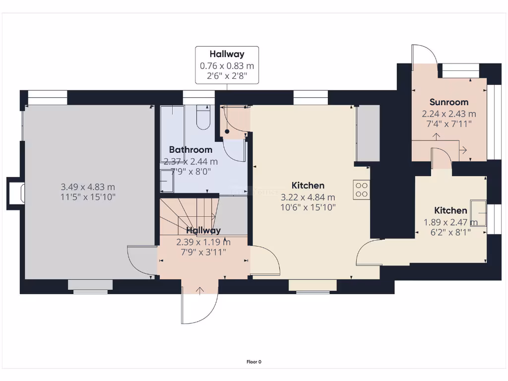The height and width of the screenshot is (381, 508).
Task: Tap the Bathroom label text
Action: [190, 149]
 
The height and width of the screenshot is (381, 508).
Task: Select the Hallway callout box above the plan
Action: [227, 64]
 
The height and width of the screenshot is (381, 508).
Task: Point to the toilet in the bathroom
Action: [203, 118]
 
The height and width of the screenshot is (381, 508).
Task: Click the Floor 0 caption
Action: [254, 362]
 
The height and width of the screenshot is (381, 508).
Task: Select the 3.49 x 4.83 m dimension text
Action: [88, 187]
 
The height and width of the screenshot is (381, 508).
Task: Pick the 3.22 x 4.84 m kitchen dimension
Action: [308, 197]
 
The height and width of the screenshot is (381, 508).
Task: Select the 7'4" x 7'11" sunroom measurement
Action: [449, 124]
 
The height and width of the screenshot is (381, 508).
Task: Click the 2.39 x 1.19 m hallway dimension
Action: [203, 242]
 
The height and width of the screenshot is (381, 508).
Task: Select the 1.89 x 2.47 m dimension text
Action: [450, 222]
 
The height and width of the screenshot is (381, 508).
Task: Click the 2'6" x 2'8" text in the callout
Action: [227, 76]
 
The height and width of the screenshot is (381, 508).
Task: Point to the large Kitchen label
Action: [308, 186]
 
